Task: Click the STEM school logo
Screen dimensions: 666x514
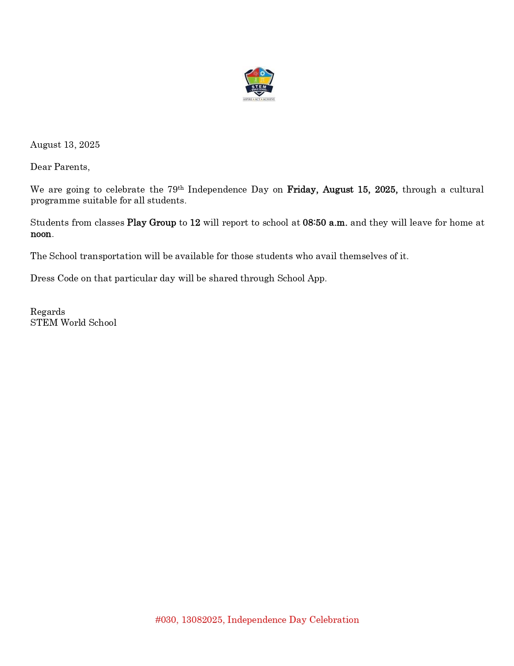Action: [x=259, y=84]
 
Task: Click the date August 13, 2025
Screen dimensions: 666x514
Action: [x=65, y=145]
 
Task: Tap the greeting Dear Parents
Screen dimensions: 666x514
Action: [x=60, y=167]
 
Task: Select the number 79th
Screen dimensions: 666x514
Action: [x=175, y=189]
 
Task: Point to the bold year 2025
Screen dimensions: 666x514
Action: [x=386, y=190]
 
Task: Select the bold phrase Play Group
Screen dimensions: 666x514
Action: [x=152, y=223]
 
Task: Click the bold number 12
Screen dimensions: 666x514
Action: [x=195, y=223]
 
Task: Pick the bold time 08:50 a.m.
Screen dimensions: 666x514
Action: [x=325, y=223]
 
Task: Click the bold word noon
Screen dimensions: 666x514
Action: [x=41, y=234]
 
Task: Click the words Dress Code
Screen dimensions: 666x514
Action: [x=54, y=279]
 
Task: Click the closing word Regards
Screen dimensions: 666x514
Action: [x=48, y=312]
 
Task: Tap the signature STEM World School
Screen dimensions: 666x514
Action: [x=73, y=323]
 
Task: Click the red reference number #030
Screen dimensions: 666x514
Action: [x=165, y=620]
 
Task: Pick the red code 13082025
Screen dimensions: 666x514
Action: [x=202, y=620]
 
